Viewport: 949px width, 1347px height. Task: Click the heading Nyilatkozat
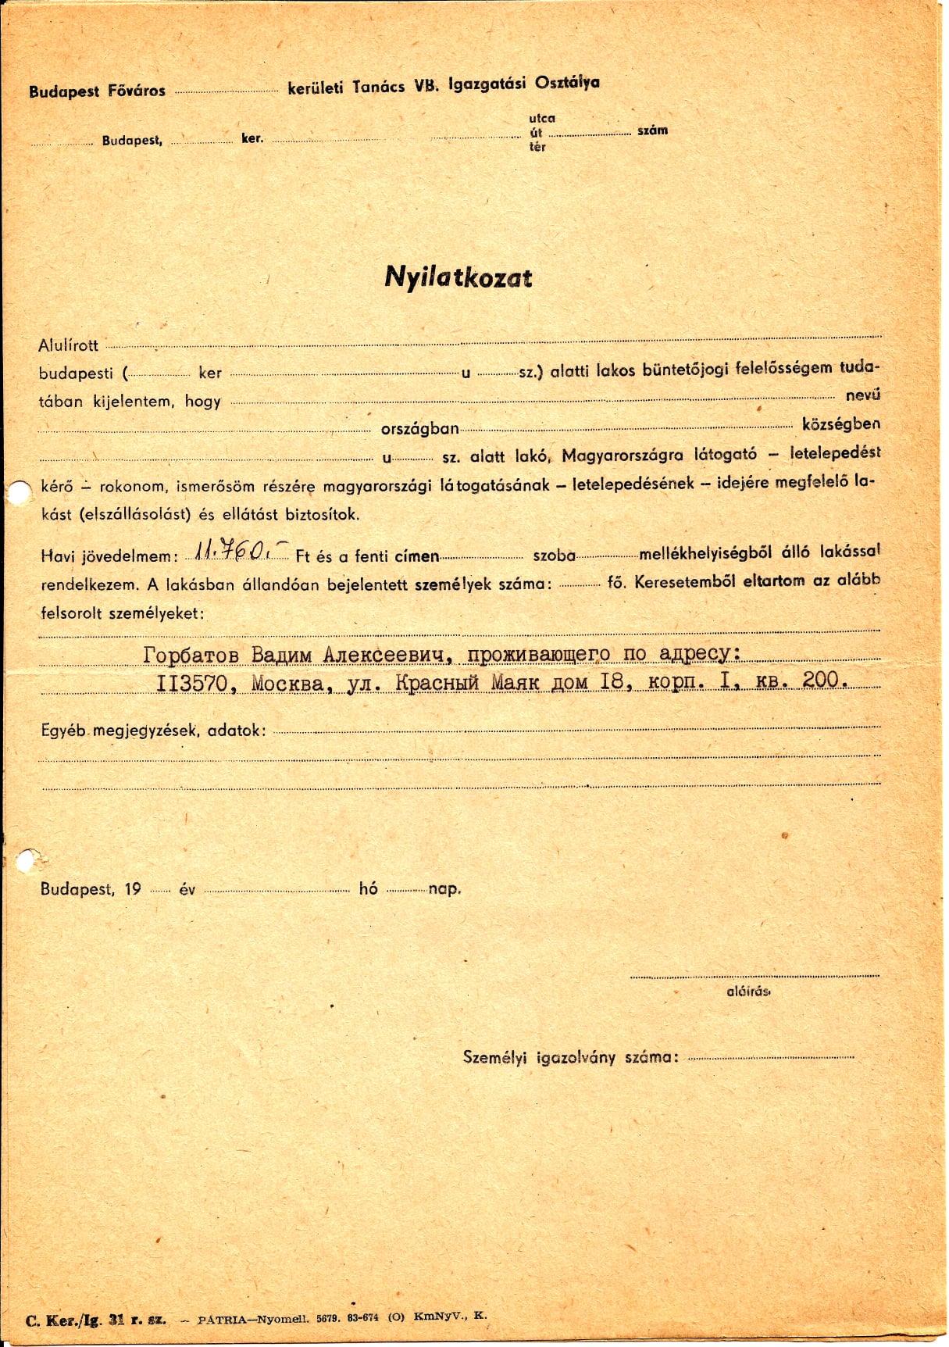tap(458, 277)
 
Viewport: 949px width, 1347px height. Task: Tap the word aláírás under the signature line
tap(748, 991)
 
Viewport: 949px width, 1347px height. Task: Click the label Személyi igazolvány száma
tap(569, 1057)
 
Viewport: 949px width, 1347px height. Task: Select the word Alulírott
tap(69, 345)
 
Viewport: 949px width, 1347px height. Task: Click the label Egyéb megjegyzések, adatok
tap(153, 731)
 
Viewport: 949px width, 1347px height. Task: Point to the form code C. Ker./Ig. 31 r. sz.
tap(95, 1320)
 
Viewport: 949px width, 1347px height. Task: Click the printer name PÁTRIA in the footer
tap(222, 1317)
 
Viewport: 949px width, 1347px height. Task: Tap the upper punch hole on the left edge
tap(14, 491)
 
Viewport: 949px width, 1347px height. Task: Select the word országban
tap(419, 429)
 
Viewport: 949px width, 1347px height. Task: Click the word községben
tap(840, 423)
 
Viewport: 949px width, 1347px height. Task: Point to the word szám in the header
tap(652, 130)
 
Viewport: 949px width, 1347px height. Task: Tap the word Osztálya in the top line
tap(567, 83)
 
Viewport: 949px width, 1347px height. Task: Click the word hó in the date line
tap(368, 888)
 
